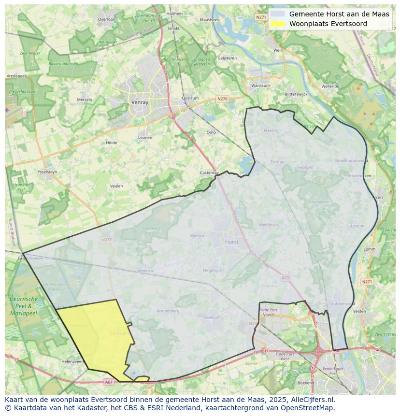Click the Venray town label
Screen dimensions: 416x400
139,102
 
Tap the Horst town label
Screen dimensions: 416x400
232,242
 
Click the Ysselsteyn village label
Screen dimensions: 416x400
47,172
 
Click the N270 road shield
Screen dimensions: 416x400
222,99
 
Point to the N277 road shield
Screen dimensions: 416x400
107,240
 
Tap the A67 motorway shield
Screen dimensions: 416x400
109,382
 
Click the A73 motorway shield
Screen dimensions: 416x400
285,278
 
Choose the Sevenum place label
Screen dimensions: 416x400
212,317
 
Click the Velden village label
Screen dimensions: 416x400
360,311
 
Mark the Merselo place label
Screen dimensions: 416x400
85,100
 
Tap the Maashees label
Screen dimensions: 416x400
209,20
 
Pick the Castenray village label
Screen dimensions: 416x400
210,172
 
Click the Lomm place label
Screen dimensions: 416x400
370,249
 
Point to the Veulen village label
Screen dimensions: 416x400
116,186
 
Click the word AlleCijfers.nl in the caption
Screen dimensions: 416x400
311,400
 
